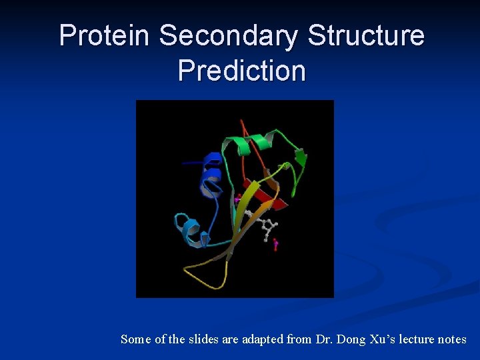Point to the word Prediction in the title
point(242,70)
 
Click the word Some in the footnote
point(135,339)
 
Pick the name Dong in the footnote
point(352,339)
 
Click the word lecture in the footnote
point(418,339)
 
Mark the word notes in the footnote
point(453,339)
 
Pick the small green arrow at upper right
point(300,158)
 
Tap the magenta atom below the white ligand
point(275,245)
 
